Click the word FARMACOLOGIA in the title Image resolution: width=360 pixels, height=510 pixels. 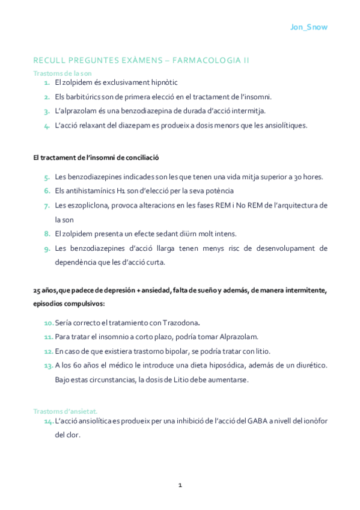[212, 60]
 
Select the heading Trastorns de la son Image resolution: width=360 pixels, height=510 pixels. [62, 73]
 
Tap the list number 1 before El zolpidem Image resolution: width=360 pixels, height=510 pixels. [46, 82]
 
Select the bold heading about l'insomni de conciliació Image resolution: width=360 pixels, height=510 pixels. [96, 158]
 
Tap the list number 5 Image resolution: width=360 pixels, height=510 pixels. [46, 177]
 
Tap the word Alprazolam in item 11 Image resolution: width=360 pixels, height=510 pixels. [242, 337]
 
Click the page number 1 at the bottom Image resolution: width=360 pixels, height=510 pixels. [180, 485]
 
